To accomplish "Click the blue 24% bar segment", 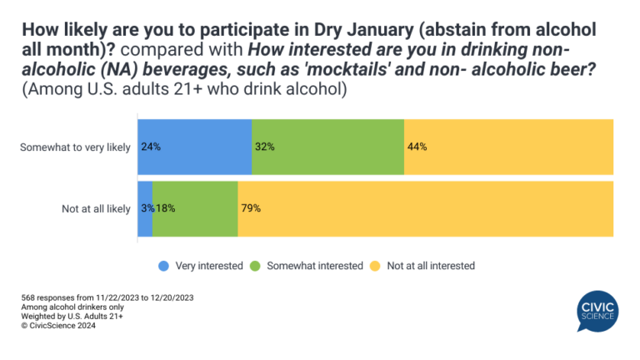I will coord(194,147).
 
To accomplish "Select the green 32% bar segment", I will coord(327,147).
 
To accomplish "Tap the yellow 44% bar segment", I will coord(508,147).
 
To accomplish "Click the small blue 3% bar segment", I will coord(145,208).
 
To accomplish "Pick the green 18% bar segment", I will coord(195,208).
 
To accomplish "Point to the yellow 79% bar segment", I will coord(426,208).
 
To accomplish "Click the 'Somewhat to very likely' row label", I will coord(75,147).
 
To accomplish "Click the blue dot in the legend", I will coord(164,266).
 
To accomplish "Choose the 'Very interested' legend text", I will coord(206,266).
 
